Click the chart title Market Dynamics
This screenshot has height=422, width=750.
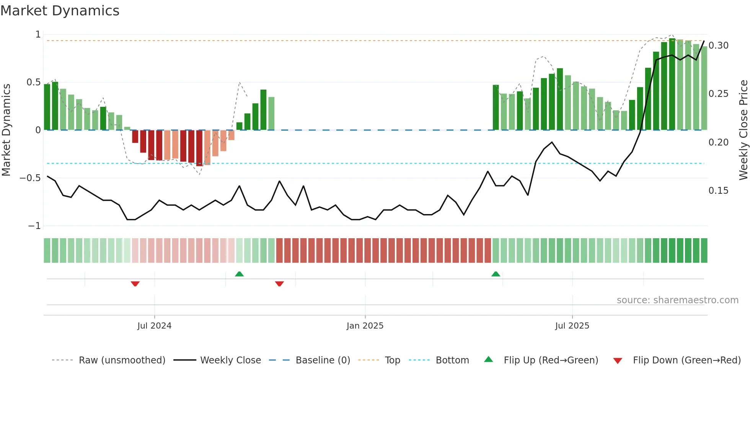[x=60, y=11]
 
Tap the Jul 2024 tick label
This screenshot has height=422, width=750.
[x=154, y=326]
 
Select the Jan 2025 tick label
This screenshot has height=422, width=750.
[x=365, y=326]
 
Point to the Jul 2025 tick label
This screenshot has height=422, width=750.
[x=572, y=326]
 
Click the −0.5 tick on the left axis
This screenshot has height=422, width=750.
[x=30, y=178]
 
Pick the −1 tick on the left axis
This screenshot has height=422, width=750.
[x=34, y=226]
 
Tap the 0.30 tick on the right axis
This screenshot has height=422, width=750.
[x=718, y=46]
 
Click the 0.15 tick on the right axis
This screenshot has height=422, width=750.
[x=718, y=191]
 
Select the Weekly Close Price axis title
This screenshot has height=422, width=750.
[x=743, y=130]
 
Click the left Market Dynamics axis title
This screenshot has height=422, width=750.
[x=6, y=130]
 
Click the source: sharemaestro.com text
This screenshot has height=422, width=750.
[x=677, y=300]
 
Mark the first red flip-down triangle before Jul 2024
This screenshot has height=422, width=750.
[x=135, y=284]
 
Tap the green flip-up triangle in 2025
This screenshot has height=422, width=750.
[x=496, y=274]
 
